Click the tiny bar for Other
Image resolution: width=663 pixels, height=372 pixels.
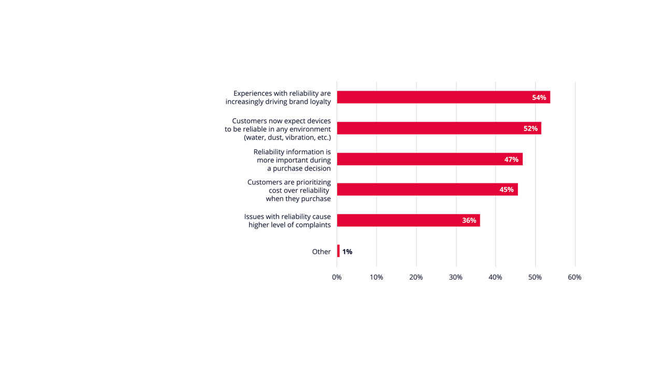click(x=338, y=251)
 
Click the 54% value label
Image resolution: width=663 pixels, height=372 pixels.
click(x=539, y=97)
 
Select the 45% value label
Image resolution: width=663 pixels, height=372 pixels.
click(x=506, y=190)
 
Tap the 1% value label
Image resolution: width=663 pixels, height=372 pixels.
click(x=347, y=252)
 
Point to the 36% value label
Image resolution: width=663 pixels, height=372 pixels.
click(x=469, y=220)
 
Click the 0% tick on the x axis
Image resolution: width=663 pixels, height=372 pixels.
click(x=337, y=277)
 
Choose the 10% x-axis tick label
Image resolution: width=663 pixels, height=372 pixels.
click(x=377, y=277)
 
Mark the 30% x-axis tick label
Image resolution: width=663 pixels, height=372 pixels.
click(x=456, y=277)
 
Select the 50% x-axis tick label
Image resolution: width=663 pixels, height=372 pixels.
click(x=535, y=277)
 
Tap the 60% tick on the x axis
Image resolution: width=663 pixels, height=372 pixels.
click(x=574, y=277)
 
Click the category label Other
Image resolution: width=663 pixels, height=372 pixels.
click(x=321, y=252)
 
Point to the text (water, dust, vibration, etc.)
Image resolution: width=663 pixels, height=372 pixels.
click(x=287, y=138)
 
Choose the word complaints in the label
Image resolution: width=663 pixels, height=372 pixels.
click(x=312, y=225)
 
